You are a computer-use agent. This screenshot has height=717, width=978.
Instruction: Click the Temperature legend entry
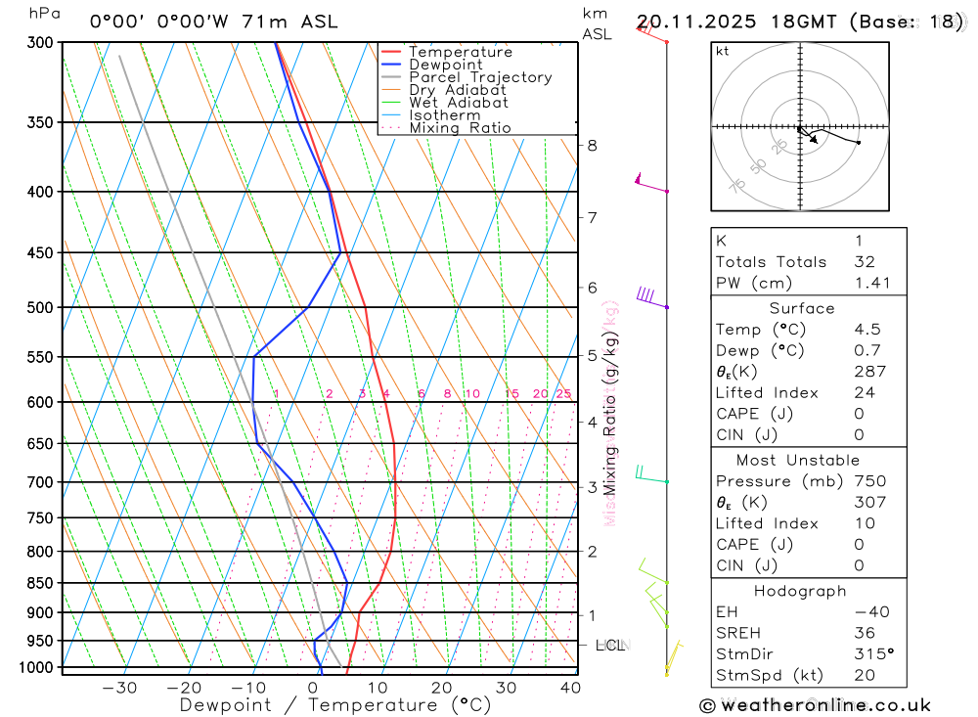(x=460, y=52)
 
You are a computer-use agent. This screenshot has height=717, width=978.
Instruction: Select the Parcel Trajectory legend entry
(x=480, y=77)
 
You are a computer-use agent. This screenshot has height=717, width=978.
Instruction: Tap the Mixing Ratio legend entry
(x=460, y=128)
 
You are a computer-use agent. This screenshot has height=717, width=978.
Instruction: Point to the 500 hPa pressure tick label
(x=40, y=307)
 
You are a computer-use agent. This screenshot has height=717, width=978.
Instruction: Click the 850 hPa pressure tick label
(x=40, y=583)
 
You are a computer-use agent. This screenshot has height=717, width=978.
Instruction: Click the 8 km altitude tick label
(x=592, y=146)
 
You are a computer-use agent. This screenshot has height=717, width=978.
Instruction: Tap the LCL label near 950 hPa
(x=610, y=646)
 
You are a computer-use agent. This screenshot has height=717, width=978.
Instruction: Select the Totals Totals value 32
(x=863, y=261)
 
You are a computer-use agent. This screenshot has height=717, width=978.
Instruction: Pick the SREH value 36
(x=863, y=633)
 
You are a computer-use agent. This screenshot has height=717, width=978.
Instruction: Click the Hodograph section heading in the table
(x=801, y=591)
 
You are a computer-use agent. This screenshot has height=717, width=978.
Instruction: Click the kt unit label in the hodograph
(x=723, y=51)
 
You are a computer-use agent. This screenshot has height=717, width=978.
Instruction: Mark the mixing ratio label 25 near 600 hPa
(x=563, y=394)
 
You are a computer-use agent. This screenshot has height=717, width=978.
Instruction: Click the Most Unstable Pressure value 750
(x=869, y=481)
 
